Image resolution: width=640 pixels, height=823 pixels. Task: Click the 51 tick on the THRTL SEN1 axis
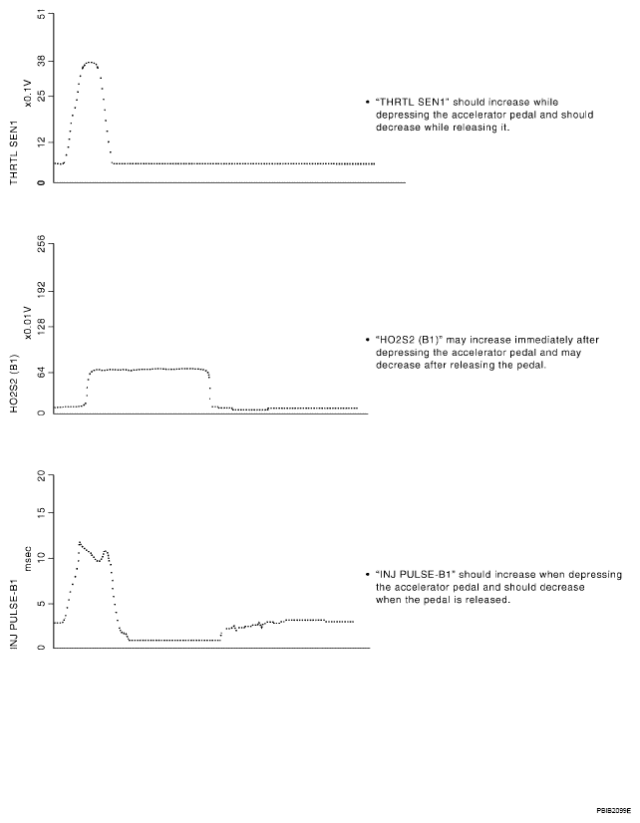pyautogui.click(x=41, y=15)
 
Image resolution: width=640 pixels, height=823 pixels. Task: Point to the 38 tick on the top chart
pyautogui.click(x=41, y=59)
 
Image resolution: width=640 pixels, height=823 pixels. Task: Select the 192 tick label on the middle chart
pyautogui.click(x=41, y=289)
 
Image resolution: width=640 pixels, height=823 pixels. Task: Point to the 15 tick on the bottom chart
pyautogui.click(x=41, y=513)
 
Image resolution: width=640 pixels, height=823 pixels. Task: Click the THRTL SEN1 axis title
pyautogui.click(x=14, y=152)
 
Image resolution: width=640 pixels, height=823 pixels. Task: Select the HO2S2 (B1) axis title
pyautogui.click(x=14, y=384)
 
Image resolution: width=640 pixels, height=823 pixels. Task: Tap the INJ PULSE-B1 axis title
pyautogui.click(x=14, y=614)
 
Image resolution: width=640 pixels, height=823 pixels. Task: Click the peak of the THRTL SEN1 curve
pyautogui.click(x=90, y=63)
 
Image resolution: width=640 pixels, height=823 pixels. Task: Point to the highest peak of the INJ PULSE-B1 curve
pyautogui.click(x=80, y=543)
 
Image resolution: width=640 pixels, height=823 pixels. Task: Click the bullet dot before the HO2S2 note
pyautogui.click(x=368, y=340)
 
